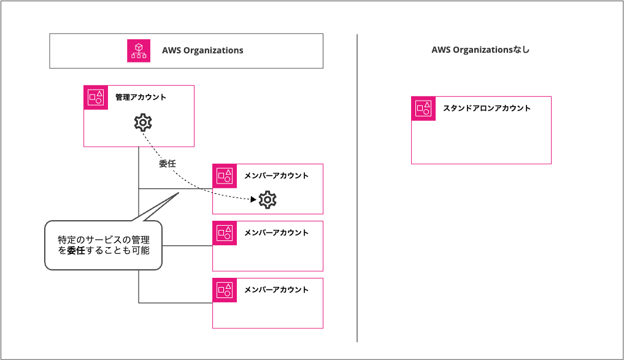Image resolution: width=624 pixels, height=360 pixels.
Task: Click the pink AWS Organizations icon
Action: [x=139, y=50]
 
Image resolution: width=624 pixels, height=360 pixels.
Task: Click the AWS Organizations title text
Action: [x=202, y=50]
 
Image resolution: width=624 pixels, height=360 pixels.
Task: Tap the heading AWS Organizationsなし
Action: [x=480, y=50]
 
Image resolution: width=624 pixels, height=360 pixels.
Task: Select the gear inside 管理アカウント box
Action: [x=143, y=123]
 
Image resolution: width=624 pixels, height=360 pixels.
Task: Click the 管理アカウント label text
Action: [x=141, y=98]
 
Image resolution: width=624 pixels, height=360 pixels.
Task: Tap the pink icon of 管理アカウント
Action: [x=96, y=97]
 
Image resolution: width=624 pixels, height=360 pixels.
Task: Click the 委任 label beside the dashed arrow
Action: [x=168, y=164]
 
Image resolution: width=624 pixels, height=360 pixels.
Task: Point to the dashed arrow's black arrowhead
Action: [x=253, y=199]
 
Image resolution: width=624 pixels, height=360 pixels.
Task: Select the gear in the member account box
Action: [x=268, y=199]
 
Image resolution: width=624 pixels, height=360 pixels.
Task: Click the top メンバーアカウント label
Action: [x=276, y=176]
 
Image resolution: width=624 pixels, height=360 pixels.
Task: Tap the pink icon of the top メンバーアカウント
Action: [x=225, y=176]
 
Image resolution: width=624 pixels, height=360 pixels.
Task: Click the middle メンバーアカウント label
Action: [x=276, y=233]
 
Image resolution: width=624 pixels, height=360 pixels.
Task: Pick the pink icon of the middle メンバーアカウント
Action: [x=225, y=233]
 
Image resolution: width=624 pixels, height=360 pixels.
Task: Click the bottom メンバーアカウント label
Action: [x=276, y=290]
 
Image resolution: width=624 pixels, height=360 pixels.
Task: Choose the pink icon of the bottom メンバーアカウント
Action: [x=225, y=290]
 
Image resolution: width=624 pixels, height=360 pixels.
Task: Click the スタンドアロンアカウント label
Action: [x=487, y=109]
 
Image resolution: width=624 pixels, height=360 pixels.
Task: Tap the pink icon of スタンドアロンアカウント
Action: [x=423, y=109]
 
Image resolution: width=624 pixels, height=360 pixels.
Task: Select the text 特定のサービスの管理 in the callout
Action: [x=103, y=238]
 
